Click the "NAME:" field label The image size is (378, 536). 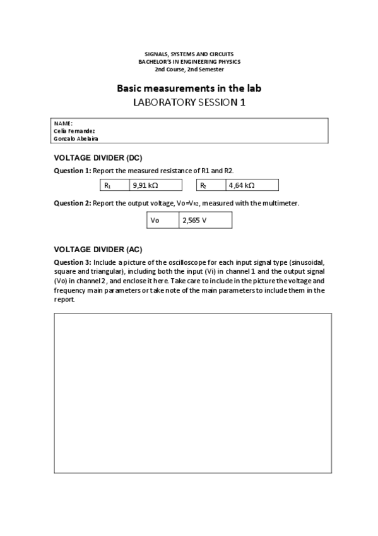63,123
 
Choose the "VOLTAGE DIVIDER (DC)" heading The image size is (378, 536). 102,157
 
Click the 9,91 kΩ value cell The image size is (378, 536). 155,185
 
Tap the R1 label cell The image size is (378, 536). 114,185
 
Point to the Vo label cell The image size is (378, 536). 162,220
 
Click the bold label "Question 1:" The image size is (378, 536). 73,171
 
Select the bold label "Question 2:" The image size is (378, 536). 73,204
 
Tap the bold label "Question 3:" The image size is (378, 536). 73,262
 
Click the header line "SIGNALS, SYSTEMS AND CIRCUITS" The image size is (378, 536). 189,55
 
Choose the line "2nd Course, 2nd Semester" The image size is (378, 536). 189,69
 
